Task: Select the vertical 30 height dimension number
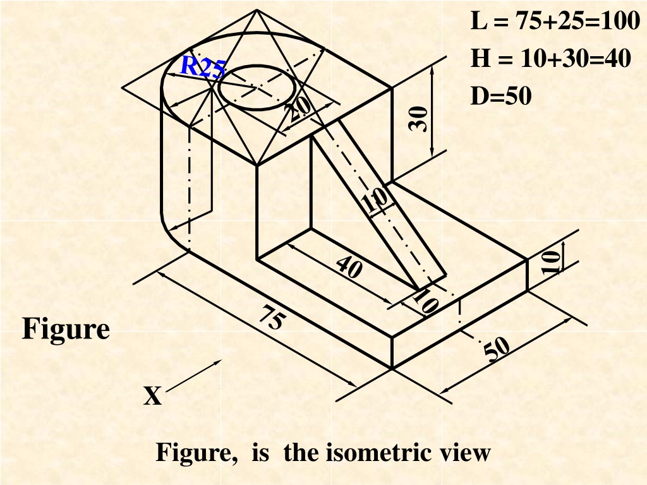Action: point(418,119)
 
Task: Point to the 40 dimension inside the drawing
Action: point(349,267)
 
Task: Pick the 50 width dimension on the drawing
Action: point(497,349)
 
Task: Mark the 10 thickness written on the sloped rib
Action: point(375,200)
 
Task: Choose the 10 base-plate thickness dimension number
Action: point(551,262)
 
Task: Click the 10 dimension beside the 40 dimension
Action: point(426,301)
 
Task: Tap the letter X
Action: point(153,396)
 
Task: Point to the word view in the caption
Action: point(466,452)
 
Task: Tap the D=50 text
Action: point(501,96)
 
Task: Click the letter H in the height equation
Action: point(481,58)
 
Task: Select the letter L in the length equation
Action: point(479,21)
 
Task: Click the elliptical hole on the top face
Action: point(257,87)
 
